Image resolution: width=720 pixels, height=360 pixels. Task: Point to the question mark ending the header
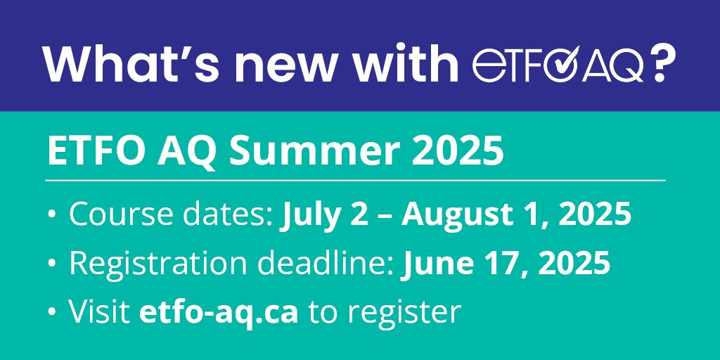point(661,64)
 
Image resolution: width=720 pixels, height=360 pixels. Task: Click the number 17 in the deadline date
point(498,264)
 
